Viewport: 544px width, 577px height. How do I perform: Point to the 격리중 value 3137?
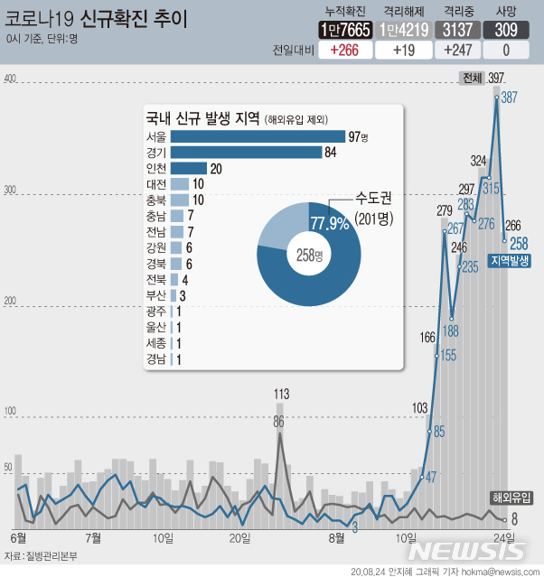coord(461,30)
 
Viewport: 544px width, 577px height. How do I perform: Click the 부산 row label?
coord(155,294)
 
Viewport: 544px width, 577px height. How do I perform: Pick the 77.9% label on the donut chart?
coord(330,222)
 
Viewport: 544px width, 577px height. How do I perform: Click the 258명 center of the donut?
coord(309,255)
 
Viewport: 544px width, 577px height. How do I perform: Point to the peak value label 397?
coord(496,79)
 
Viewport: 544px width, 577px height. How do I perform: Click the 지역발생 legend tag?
coord(511,261)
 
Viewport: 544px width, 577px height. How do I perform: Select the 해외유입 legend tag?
coord(511,497)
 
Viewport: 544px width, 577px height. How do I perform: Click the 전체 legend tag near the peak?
coord(472,79)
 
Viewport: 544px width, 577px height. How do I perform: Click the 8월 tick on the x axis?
coord(336,538)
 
